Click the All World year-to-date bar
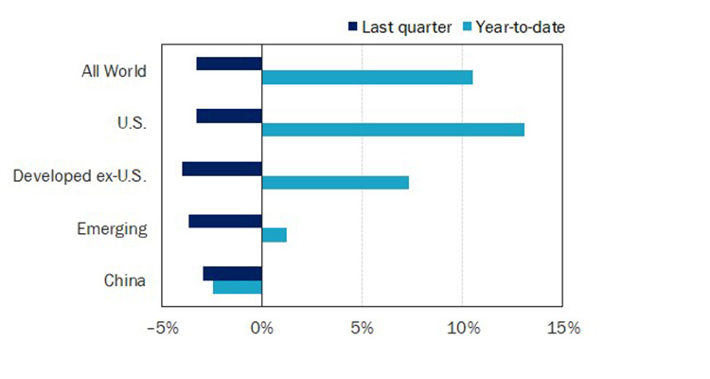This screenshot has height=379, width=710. click(367, 78)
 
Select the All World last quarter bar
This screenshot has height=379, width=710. click(229, 63)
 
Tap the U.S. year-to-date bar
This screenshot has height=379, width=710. click(393, 130)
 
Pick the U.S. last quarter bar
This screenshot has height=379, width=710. click(229, 116)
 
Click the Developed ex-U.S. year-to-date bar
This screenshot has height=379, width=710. click(335, 182)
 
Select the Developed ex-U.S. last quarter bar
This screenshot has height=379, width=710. click(222, 169)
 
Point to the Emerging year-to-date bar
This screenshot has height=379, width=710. click(275, 235)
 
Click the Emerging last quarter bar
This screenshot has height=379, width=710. click(225, 221)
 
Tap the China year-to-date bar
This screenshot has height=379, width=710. click(238, 287)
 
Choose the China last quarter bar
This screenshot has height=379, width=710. click(233, 274)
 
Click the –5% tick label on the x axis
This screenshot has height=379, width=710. click(162, 329)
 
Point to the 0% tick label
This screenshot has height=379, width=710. click(261, 329)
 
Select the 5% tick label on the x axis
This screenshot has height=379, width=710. click(362, 329)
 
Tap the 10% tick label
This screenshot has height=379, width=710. click(462, 329)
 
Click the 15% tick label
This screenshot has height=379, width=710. click(562, 329)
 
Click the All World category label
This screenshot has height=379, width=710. click(114, 71)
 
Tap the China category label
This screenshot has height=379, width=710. click(124, 280)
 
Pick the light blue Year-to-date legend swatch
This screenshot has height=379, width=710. click(467, 27)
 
